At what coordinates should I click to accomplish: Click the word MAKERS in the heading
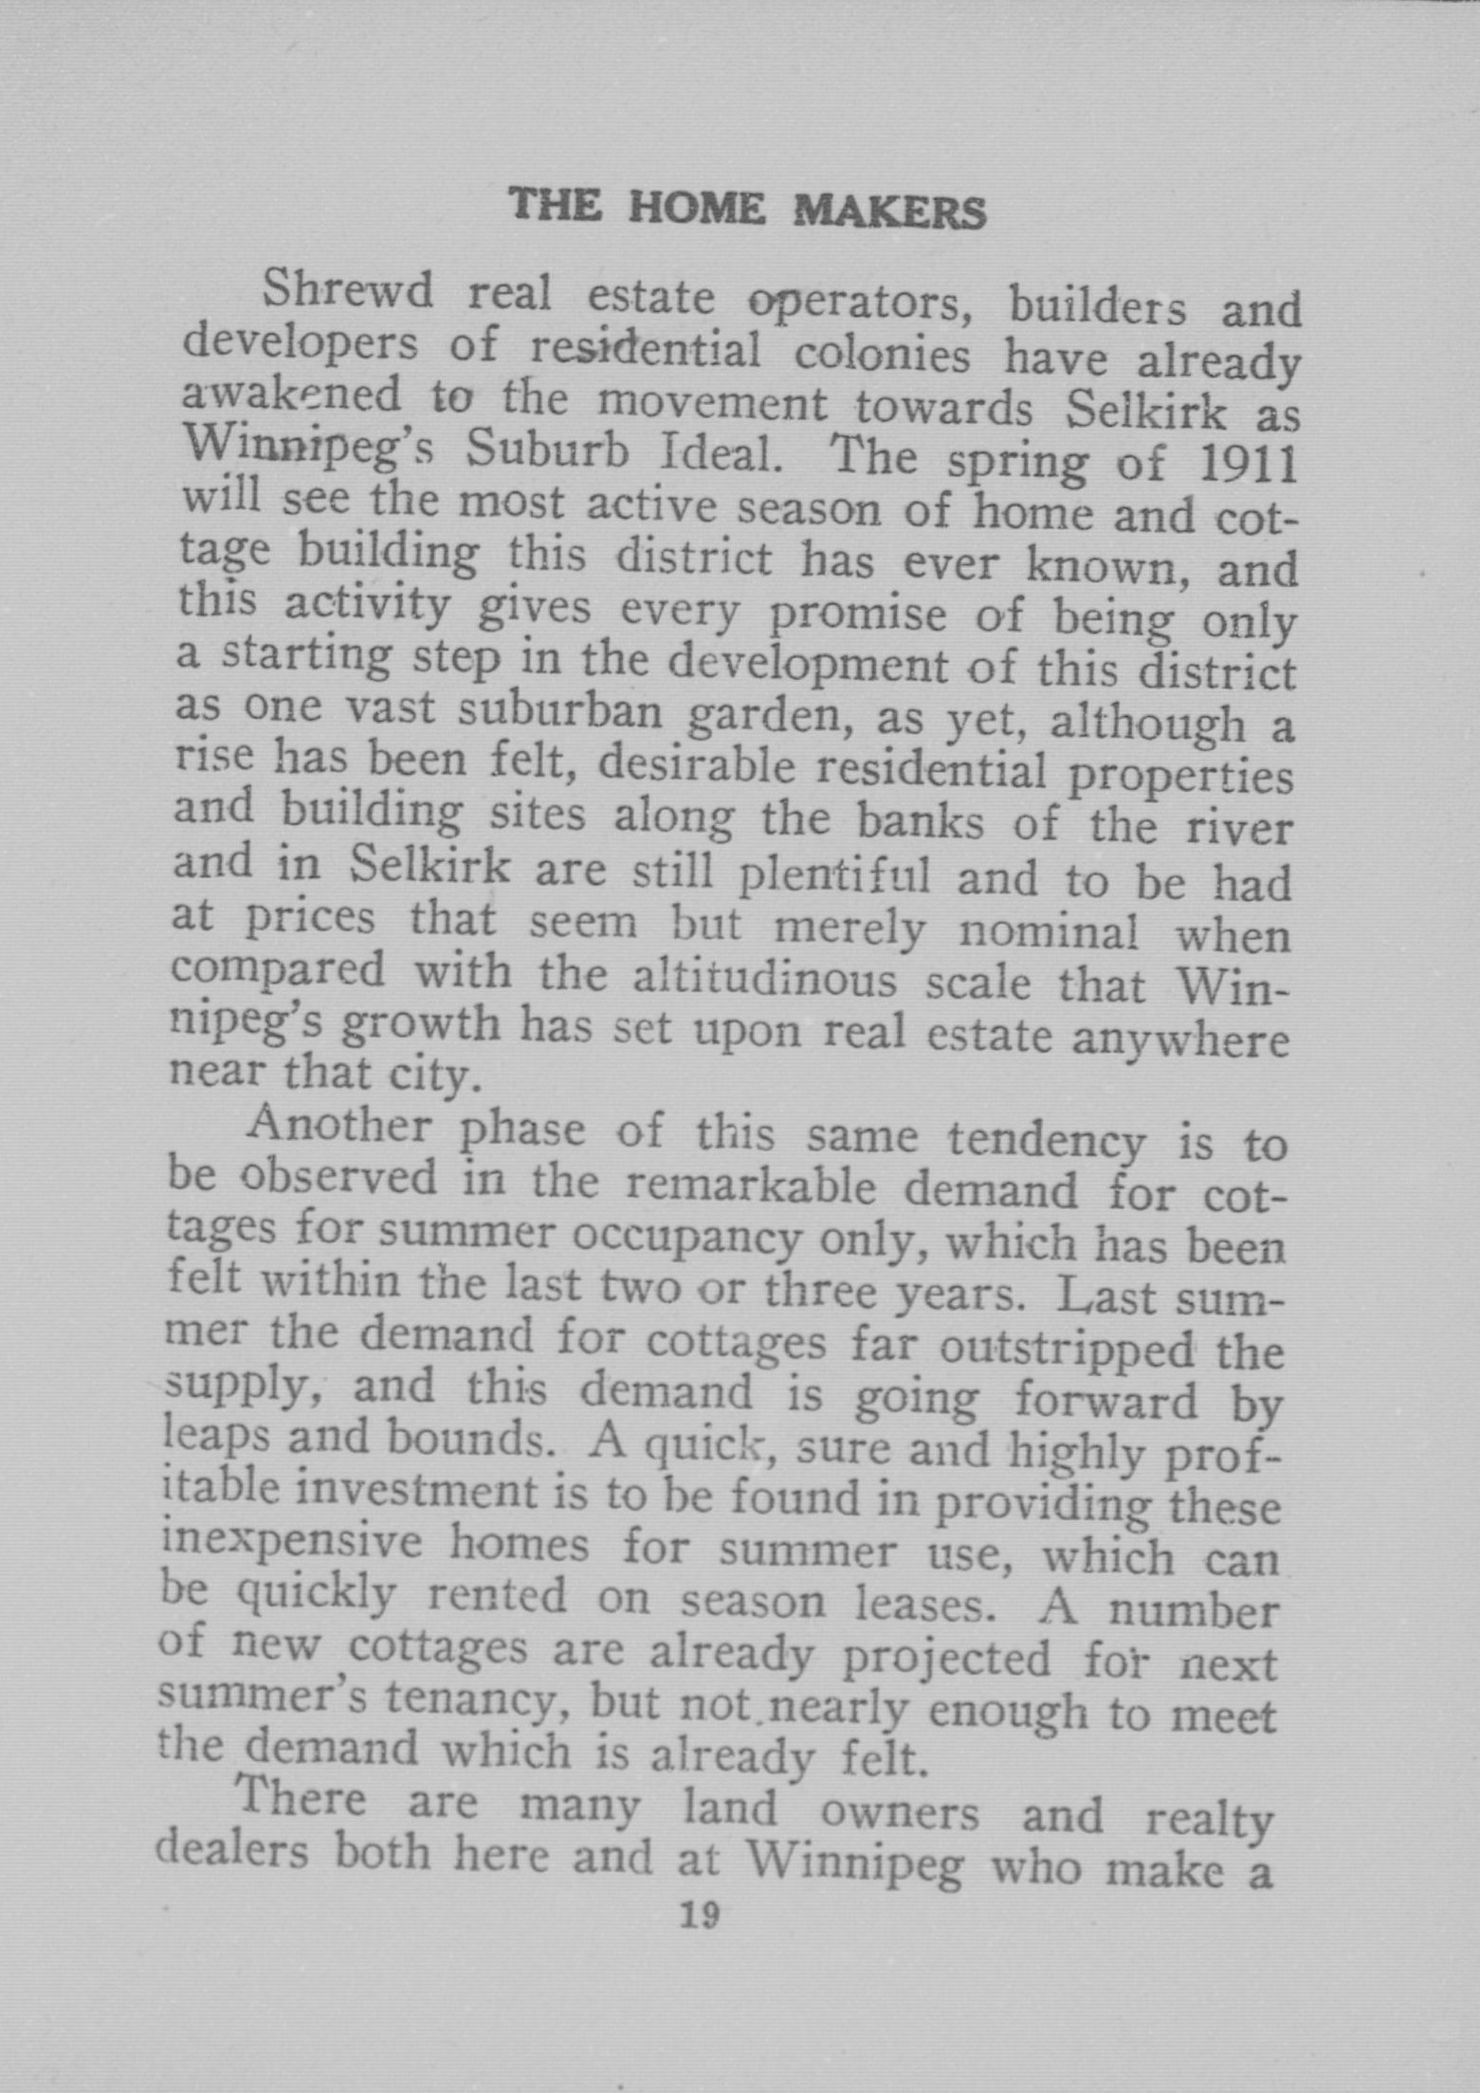[x=888, y=211]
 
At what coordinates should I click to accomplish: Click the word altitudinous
[x=764, y=979]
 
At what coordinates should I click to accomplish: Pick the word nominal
[x=1049, y=932]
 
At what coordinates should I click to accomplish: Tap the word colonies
[x=882, y=356]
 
